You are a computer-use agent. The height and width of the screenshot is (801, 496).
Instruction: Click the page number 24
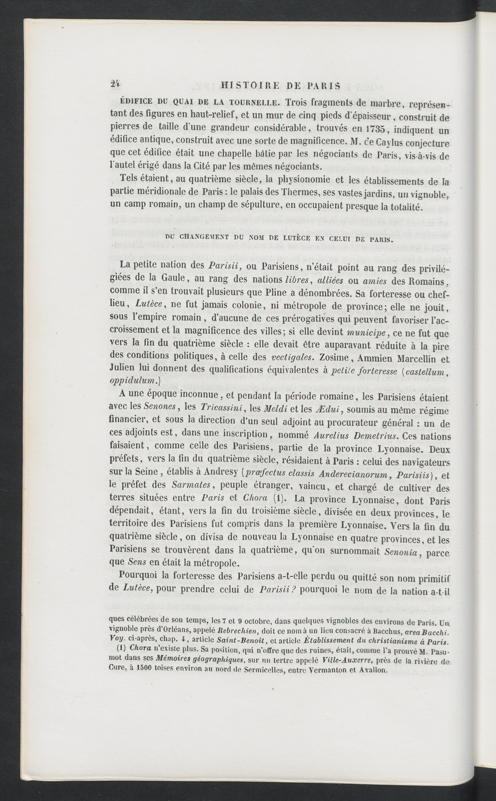[115, 85]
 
